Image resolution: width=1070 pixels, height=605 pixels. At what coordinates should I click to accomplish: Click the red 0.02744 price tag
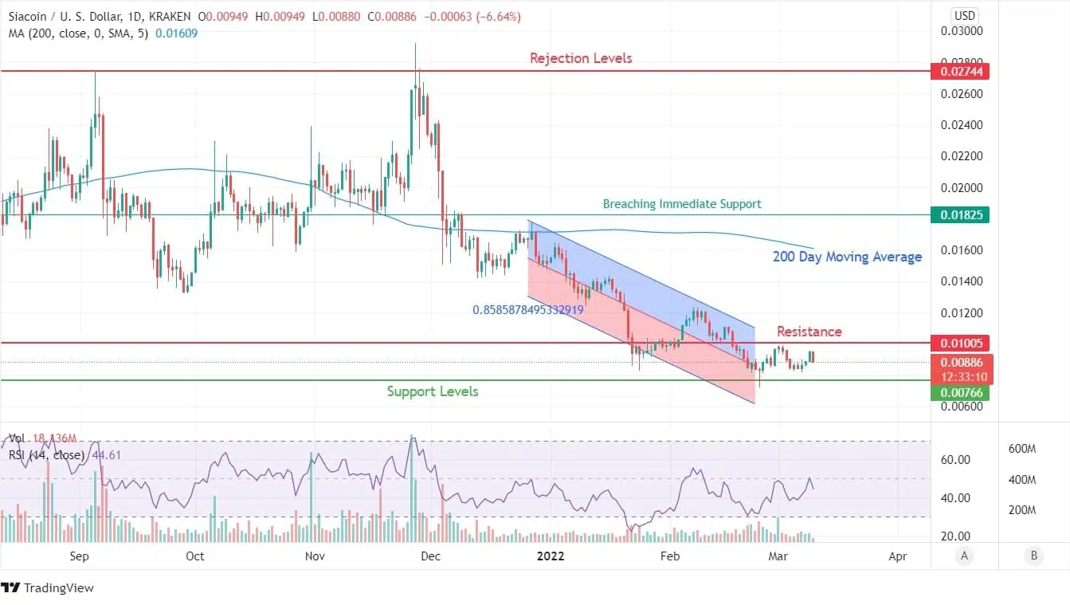point(959,72)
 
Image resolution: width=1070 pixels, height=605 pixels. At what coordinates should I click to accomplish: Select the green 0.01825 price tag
point(959,215)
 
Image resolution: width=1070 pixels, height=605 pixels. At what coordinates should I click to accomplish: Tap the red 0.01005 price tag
point(959,344)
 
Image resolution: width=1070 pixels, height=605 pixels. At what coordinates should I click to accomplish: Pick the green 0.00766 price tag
point(959,392)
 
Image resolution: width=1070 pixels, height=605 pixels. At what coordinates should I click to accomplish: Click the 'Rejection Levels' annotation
point(581,58)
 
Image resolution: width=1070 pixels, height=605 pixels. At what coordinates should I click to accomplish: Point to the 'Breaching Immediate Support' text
point(682,204)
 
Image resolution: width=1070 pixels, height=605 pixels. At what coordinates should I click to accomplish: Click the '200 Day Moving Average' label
point(847,257)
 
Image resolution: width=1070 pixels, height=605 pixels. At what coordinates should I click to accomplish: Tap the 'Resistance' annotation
point(809,331)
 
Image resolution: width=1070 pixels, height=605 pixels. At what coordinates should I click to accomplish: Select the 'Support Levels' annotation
point(433,391)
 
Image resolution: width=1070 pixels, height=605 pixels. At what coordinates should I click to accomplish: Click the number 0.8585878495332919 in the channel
point(527,309)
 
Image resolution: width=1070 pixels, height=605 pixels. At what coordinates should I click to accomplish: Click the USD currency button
point(964,15)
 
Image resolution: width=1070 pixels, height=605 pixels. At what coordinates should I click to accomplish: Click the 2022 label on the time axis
point(551,556)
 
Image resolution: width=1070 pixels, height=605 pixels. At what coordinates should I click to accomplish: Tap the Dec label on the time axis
point(431,556)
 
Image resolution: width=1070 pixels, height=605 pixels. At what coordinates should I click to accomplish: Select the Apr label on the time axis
point(898,556)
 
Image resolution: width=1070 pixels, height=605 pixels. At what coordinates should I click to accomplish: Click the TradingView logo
point(48,588)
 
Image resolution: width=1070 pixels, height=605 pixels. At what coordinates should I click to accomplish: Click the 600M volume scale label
point(1021,450)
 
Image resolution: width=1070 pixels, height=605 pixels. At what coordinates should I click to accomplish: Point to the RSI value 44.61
point(100,455)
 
